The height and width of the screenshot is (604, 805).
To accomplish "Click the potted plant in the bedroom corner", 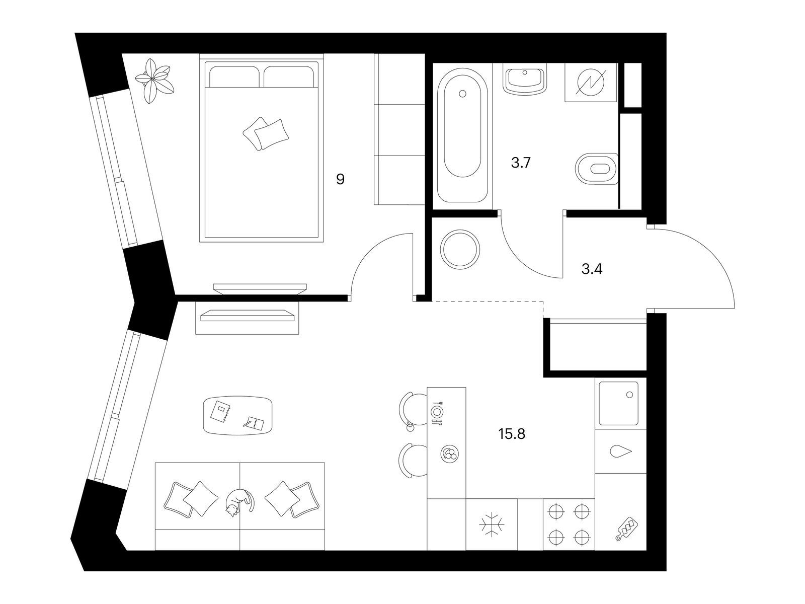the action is pyautogui.click(x=154, y=81).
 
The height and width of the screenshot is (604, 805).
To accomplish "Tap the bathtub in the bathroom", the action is pyautogui.click(x=462, y=135).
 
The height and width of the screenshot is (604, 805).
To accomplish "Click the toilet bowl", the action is pyautogui.click(x=597, y=169).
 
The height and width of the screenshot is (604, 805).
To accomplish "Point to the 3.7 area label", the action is pyautogui.click(x=521, y=163).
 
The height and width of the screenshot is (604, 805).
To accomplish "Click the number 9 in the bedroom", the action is pyautogui.click(x=340, y=179).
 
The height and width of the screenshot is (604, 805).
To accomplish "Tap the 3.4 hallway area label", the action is pyautogui.click(x=592, y=270).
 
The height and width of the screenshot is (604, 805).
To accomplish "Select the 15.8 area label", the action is pyautogui.click(x=512, y=434).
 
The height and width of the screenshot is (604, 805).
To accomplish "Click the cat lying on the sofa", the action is pyautogui.click(x=239, y=503).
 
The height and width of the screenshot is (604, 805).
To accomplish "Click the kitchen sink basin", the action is pyautogui.click(x=618, y=403).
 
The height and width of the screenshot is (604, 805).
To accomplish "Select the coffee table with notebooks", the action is pyautogui.click(x=237, y=416).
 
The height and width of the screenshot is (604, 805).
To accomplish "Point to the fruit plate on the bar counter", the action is pyautogui.click(x=450, y=454).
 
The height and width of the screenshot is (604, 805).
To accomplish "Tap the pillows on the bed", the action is pyautogui.click(x=266, y=134).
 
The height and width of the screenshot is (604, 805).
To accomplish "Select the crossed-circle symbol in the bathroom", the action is pyautogui.click(x=590, y=83).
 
